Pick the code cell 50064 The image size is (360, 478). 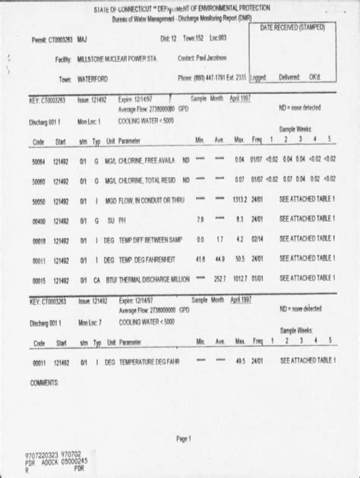[39, 160]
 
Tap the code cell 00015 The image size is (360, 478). [39, 280]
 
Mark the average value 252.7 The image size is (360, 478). [219, 280]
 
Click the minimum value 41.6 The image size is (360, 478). [200, 260]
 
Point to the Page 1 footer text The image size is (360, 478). [184, 438]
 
